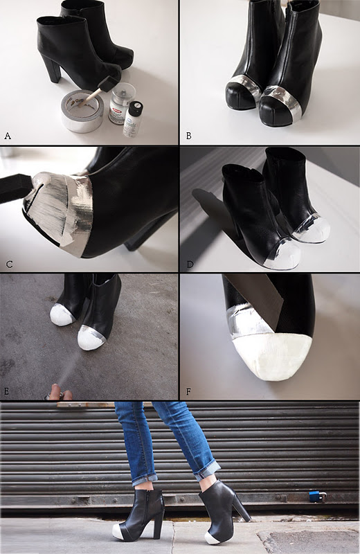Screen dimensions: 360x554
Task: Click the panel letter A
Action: point(8,136)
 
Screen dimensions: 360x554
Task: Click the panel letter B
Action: point(189,136)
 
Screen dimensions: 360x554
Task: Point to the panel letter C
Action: point(10,264)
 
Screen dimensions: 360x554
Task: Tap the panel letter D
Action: point(190,264)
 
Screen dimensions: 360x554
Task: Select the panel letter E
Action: point(6,391)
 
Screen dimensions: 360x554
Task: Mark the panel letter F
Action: point(188,392)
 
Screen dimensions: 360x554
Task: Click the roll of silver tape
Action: point(82,111)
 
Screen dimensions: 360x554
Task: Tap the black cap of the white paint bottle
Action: point(136,107)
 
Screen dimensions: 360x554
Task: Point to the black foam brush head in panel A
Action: point(105,84)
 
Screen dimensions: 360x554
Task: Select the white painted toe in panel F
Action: point(272,357)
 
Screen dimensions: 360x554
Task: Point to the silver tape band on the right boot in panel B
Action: point(282,100)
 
